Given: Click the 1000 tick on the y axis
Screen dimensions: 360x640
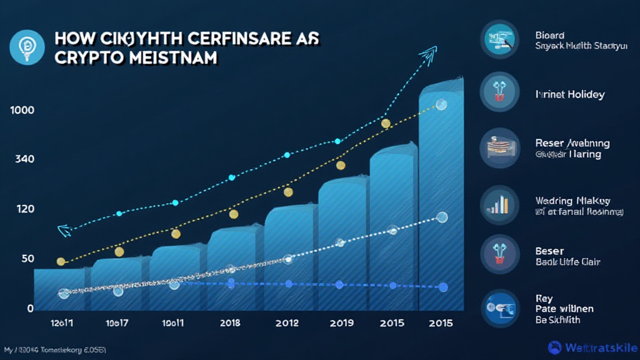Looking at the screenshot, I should pos(22,110).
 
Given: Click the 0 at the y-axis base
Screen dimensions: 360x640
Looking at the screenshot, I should pos(30,308).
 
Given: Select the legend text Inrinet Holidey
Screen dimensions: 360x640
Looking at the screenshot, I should pos(570,94).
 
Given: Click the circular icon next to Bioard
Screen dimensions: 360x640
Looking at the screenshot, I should pos(500,39).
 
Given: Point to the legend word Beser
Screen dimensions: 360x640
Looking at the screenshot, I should pos(550,251).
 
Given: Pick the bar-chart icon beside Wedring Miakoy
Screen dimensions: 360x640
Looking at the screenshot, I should pos(500,205).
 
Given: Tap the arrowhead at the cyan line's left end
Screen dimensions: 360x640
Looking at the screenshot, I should pos(64,231).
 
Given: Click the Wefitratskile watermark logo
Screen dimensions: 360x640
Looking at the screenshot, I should pos(592,347).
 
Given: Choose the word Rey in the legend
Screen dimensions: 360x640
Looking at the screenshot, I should pos(544,298).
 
